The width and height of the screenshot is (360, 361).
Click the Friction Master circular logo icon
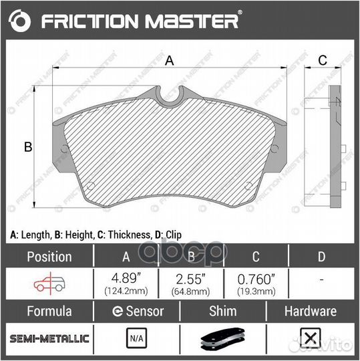coord(21,22)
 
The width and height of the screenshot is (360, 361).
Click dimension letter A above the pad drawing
coord(169,61)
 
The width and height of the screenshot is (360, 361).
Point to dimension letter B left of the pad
coord(28,147)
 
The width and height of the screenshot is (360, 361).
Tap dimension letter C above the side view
coord(321,60)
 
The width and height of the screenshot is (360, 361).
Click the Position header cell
coord(49,257)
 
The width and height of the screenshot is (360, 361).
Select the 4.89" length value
coord(125,279)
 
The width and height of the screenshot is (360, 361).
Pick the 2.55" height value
coord(189,279)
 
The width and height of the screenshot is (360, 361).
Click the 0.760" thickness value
coord(256,279)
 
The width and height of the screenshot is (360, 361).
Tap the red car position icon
coord(48,283)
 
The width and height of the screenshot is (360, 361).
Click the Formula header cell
coord(49,311)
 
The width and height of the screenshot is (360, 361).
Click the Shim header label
coord(223,311)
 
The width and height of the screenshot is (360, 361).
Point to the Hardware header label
coord(310,311)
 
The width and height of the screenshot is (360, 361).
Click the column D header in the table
coord(321,257)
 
